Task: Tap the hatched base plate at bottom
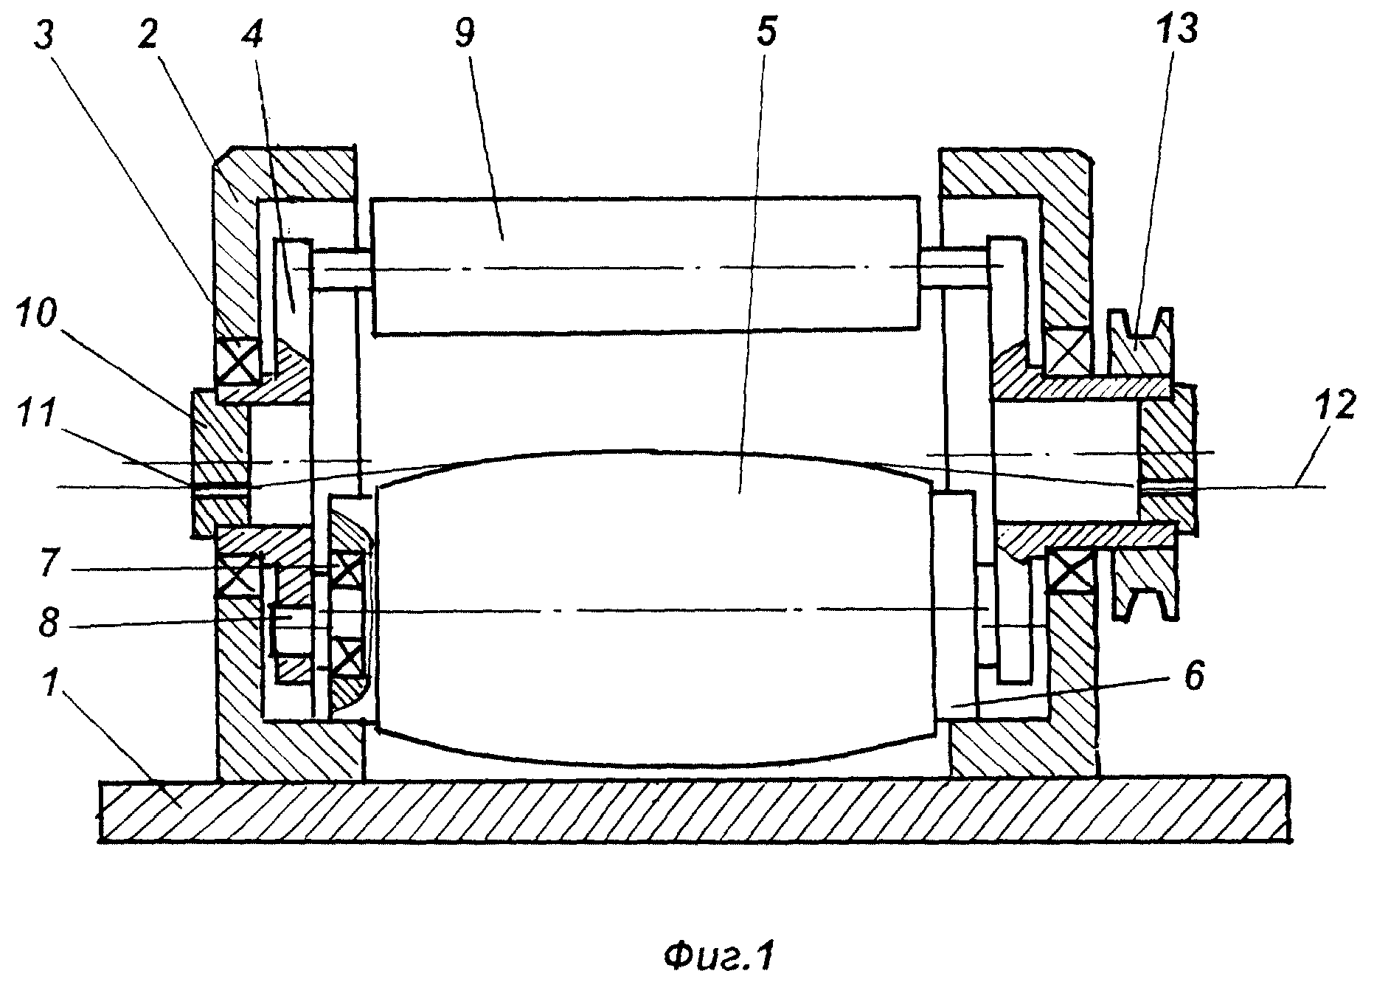pos(694,811)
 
